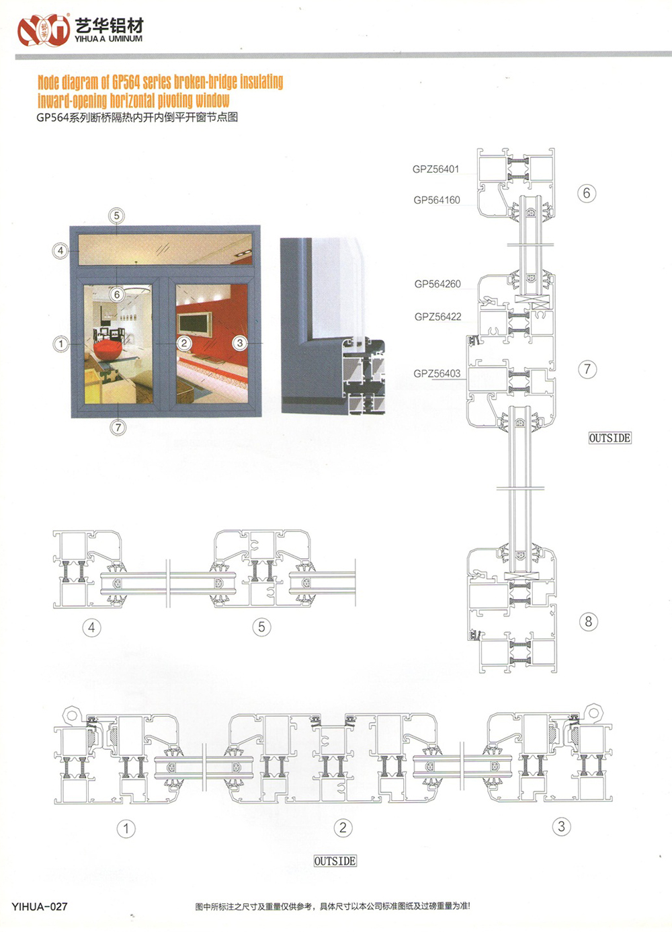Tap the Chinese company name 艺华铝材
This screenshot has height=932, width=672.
(x=109, y=26)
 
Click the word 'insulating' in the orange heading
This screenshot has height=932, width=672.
(x=256, y=82)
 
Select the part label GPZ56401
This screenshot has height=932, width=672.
(x=435, y=169)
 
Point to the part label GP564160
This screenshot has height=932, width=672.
(x=437, y=200)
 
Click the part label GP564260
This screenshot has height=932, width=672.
(x=437, y=284)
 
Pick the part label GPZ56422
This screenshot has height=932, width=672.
(x=438, y=317)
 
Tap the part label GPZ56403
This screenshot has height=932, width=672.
(x=437, y=374)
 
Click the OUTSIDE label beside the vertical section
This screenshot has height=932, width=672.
(x=610, y=438)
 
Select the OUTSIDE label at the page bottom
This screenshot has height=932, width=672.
(x=335, y=861)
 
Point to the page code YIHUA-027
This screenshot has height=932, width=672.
(x=40, y=906)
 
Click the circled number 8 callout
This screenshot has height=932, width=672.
(x=589, y=621)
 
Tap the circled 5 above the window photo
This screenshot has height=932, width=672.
(x=117, y=216)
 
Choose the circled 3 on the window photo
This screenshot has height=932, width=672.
(x=239, y=343)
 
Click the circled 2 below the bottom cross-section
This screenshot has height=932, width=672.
(x=343, y=828)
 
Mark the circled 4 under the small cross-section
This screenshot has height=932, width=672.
(x=92, y=627)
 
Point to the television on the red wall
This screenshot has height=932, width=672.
(x=195, y=323)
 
